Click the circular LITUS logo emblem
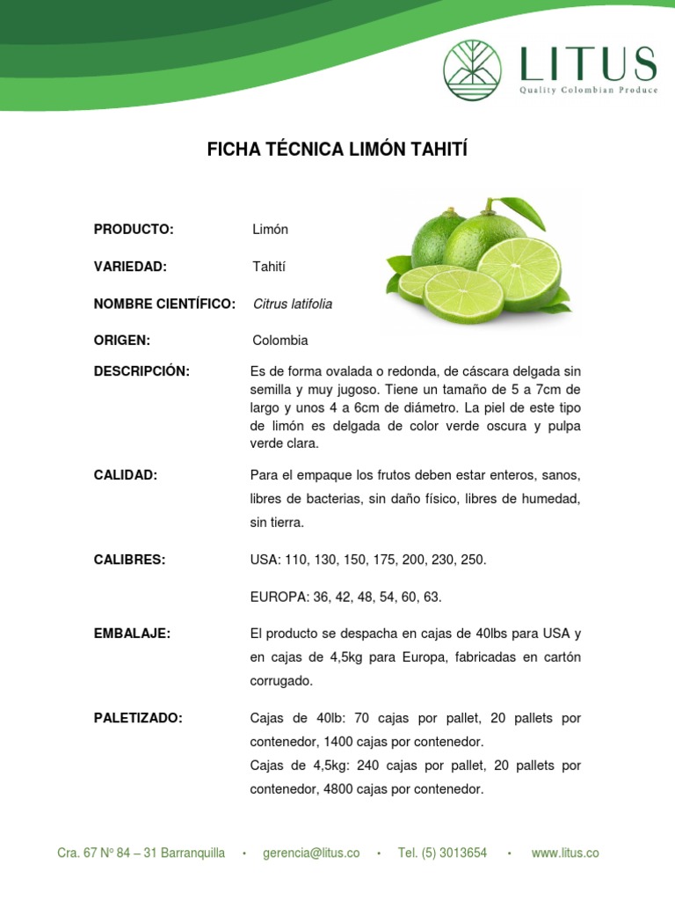472,70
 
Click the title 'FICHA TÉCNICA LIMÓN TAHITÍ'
337,150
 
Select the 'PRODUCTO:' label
134,230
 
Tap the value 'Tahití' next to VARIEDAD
270,267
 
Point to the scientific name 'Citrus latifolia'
293,304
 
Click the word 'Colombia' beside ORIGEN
280,341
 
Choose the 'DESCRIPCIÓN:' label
142,371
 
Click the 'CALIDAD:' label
126,476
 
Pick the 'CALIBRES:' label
129,560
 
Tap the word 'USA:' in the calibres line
265,560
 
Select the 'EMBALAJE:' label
132,634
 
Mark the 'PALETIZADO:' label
138,718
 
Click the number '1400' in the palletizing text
338,742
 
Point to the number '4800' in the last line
338,789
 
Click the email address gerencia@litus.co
311,853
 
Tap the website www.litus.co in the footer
565,853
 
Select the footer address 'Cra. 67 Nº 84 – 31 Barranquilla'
141,853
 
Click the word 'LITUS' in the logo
587,64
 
